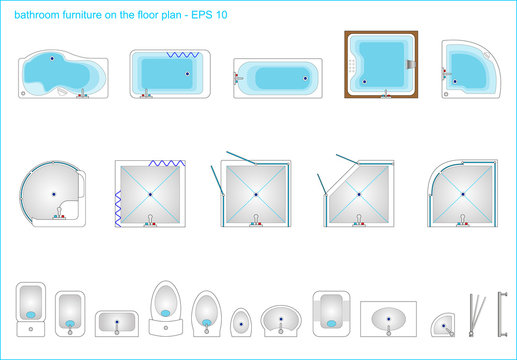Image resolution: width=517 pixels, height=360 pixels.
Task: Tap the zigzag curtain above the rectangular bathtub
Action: [x=180, y=52]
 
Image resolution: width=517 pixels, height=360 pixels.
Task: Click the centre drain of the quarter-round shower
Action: [x=463, y=193]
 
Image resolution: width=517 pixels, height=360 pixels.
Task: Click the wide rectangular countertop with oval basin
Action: [x=389, y=318]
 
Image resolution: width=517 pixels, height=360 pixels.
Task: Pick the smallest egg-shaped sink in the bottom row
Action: [x=241, y=321]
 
